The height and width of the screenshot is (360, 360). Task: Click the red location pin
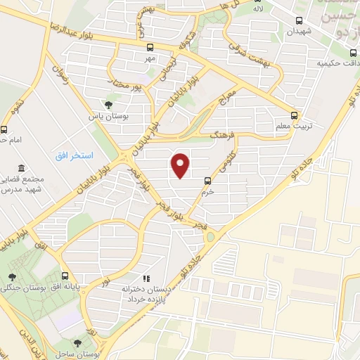(x=181, y=165)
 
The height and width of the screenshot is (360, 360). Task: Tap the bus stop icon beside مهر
(x=149, y=47)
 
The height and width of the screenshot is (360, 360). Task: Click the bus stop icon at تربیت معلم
(x=295, y=115)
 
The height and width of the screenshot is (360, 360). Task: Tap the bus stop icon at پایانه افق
(x=65, y=275)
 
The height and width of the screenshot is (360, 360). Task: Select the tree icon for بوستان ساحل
(x=77, y=343)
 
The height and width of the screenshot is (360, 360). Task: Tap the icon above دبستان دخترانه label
(x=146, y=278)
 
